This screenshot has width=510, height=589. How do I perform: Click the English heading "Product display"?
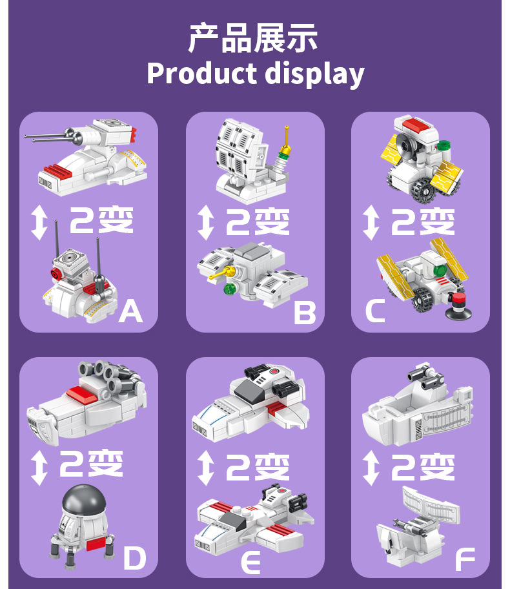pos(255,74)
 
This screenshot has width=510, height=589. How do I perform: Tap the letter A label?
pos(130,311)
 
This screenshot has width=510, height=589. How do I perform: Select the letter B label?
pos(304,313)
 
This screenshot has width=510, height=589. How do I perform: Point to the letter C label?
pos(374,311)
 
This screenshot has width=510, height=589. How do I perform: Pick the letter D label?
pos(134,558)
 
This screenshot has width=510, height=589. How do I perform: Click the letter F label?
pos(464,559)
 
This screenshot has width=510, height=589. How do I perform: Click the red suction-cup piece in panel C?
pos(458,306)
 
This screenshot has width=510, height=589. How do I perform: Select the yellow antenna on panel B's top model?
pos(285,145)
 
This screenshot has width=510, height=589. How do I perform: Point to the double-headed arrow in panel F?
pos(371,468)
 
